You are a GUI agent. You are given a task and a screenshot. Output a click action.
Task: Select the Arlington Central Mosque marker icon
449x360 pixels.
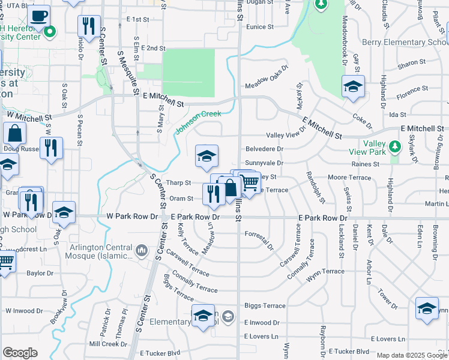141,250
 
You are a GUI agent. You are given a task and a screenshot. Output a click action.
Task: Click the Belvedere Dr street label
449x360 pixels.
264,149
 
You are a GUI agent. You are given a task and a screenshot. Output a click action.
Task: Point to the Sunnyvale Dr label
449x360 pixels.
264,163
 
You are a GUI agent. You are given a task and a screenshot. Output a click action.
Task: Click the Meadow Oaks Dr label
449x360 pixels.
267,85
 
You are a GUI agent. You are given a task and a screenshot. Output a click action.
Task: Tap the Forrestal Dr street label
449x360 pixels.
259,246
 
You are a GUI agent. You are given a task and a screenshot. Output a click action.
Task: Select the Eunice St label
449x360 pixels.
259,27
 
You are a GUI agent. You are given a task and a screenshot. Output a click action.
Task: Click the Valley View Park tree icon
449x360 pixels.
394,146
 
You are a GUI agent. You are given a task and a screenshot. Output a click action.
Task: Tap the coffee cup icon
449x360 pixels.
39,14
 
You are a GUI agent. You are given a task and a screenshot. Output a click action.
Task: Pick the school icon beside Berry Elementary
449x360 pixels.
353,86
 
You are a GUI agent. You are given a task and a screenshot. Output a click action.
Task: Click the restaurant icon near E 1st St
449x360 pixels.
89,26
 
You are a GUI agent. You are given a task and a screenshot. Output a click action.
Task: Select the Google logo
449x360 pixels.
20,353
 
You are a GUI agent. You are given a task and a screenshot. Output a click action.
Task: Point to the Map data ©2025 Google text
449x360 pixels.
412,355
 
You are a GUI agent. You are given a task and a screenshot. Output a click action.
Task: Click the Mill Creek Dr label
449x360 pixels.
107,344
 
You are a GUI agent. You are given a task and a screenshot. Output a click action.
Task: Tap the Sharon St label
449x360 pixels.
411,62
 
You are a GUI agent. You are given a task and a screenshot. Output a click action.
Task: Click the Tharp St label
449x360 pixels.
178,183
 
